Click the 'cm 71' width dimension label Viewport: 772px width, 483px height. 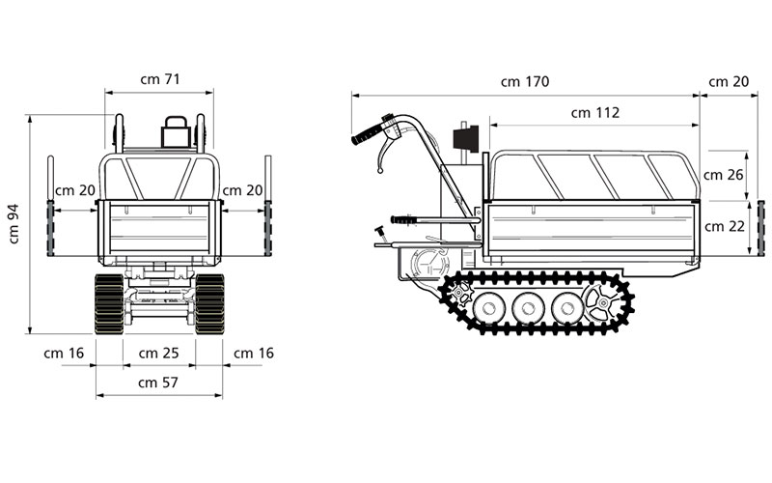click(159, 79)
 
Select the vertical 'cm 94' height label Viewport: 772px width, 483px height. click(14, 224)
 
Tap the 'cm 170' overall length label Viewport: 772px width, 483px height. click(525, 82)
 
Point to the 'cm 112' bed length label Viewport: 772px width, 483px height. click(594, 112)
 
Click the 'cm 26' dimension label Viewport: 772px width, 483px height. click(724, 175)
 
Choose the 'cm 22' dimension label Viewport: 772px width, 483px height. click(724, 226)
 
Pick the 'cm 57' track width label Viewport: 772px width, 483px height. click(159, 382)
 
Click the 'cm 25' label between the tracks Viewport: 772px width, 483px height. click(159, 353)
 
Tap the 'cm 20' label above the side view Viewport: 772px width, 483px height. click(729, 82)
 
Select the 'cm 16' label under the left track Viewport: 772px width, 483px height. click(64, 353)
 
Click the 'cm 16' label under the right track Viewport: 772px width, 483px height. click(253, 353)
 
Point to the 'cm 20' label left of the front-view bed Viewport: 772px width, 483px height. click(75, 190)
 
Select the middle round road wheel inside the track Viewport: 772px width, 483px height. click(529, 309)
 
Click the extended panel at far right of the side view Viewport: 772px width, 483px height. click(760, 228)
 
